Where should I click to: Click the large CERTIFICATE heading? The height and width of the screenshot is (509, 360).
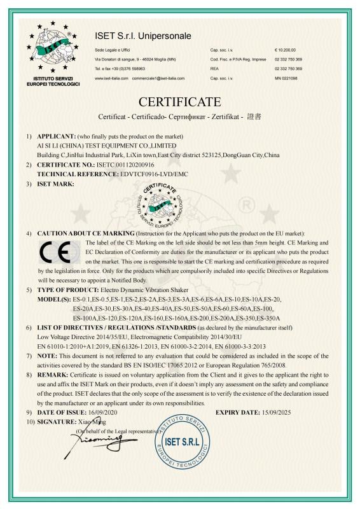(x=179, y=102)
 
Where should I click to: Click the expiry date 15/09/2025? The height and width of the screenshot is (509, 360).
(x=298, y=412)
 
